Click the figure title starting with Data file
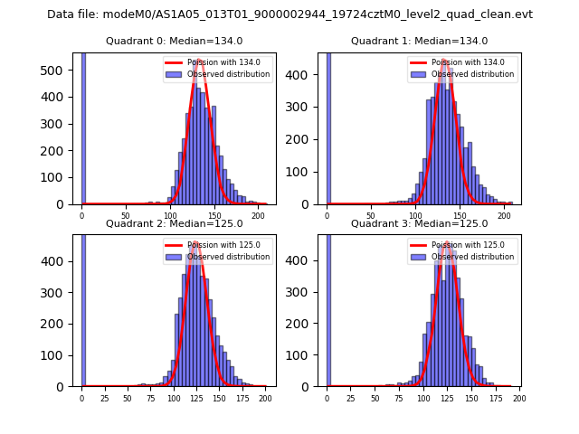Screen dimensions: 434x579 coord(289,14)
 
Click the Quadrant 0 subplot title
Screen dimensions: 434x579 coord(175,41)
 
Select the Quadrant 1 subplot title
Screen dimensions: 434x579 coord(419,41)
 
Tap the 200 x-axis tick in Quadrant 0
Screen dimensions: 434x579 coord(258,216)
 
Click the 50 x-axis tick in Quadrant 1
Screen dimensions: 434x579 coord(371,216)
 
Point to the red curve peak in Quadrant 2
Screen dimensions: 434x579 coord(195,242)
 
